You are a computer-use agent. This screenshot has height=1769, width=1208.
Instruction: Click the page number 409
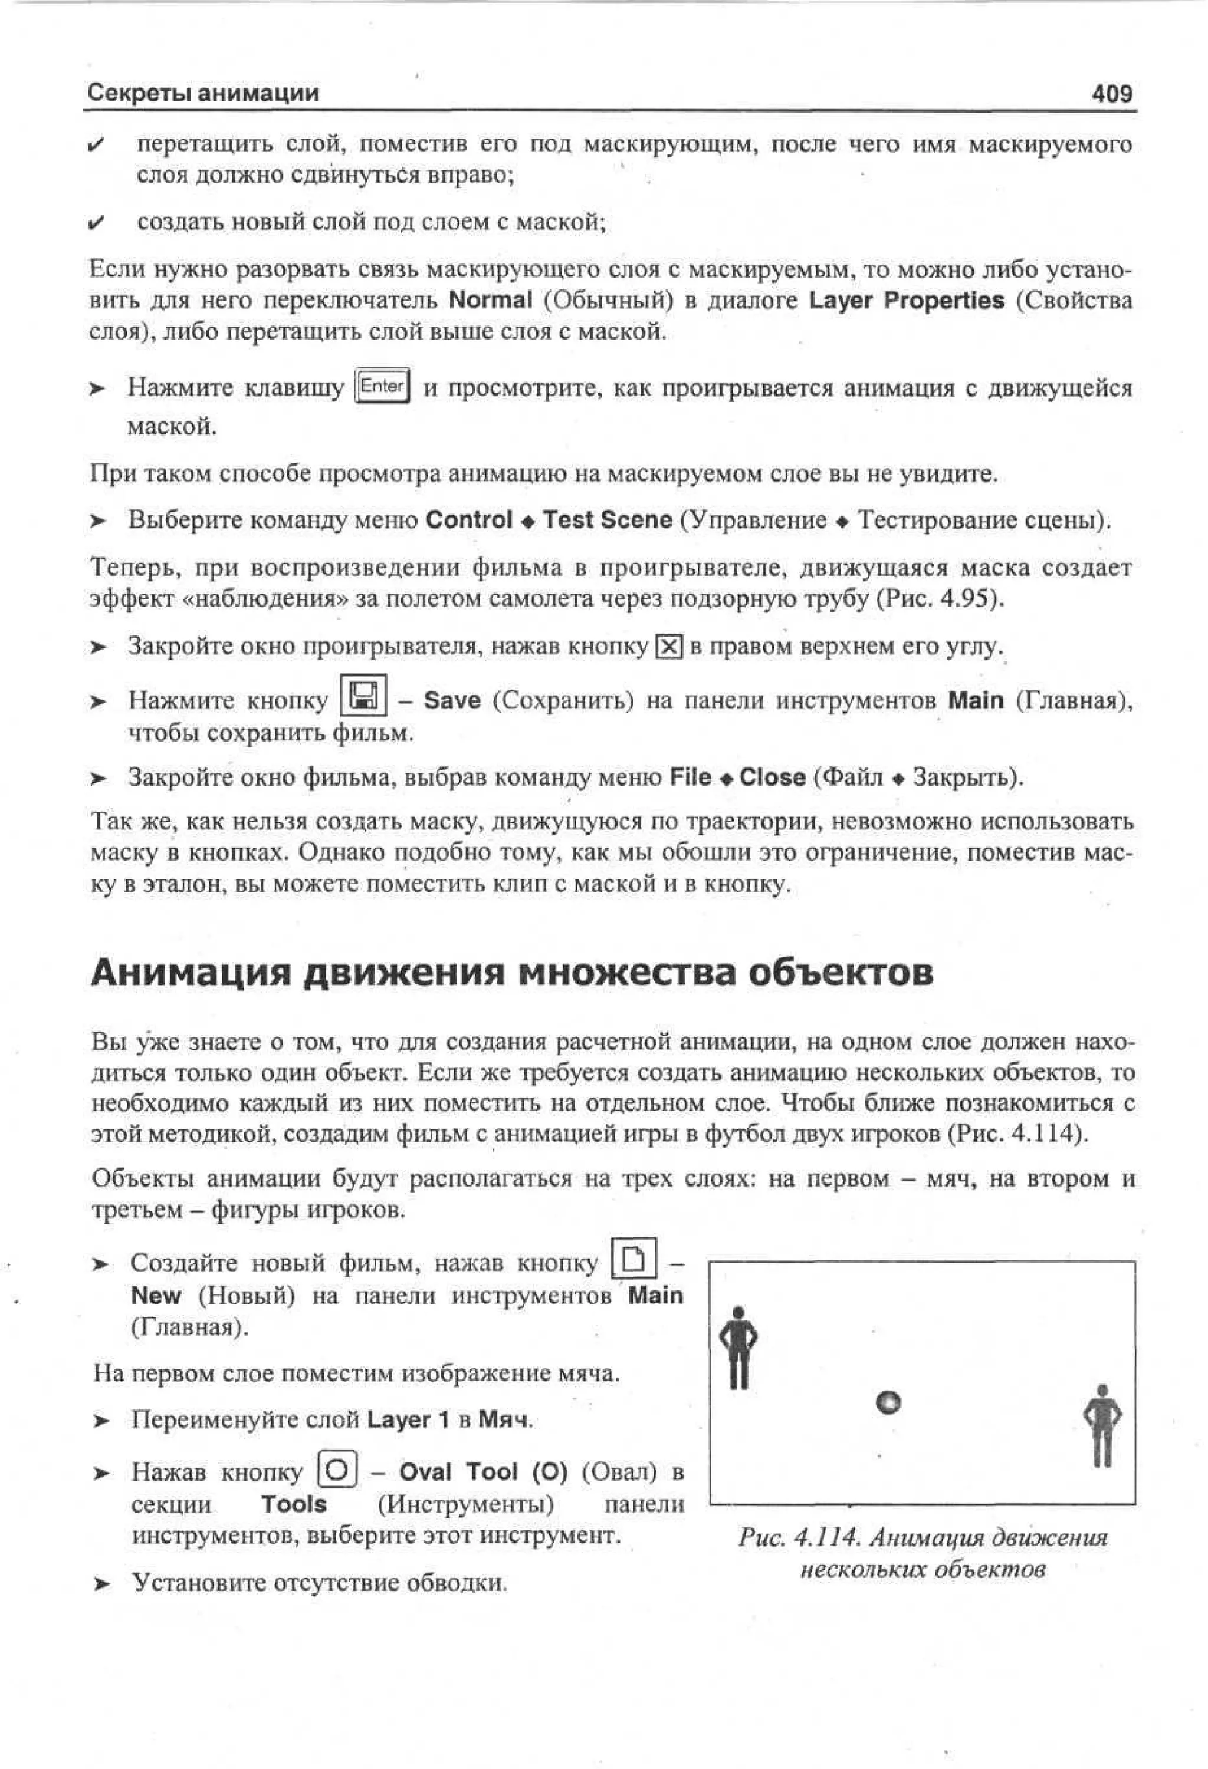point(1111,94)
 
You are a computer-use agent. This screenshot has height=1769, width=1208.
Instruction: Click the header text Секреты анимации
point(202,93)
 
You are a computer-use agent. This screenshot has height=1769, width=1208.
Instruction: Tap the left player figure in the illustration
point(738,1348)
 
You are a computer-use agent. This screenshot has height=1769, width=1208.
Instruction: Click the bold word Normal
point(491,300)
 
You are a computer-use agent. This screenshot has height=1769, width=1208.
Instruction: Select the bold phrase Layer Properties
point(907,300)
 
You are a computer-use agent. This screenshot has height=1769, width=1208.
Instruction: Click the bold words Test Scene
point(608,520)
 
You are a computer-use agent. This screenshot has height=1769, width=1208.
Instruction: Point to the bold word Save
point(452,700)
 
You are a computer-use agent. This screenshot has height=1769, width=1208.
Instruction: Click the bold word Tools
point(293,1504)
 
